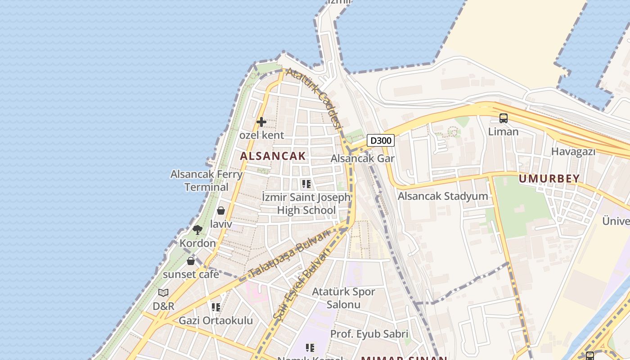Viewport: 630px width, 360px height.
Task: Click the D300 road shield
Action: tap(381, 140)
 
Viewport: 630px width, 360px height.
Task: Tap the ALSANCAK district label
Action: tap(273, 156)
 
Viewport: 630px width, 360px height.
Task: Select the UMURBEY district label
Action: tap(549, 179)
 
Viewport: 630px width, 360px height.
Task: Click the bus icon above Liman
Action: tap(504, 118)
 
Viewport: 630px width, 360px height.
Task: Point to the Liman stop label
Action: tap(504, 132)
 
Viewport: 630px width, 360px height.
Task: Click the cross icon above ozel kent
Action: tap(261, 122)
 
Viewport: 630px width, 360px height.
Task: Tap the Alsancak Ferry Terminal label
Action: tap(207, 180)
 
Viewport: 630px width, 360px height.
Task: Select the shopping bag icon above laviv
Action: tap(221, 211)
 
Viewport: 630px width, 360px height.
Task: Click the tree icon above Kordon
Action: tap(198, 230)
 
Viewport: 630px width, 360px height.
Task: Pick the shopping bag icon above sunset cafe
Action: tap(191, 261)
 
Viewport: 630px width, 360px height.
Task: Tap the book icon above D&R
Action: tap(163, 293)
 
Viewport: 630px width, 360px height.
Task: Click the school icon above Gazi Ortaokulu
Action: tap(216, 307)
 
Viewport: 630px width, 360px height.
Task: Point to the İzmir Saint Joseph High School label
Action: tap(306, 204)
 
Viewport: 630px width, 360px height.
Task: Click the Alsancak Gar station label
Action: tap(362, 158)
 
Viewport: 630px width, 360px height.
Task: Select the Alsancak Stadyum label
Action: tap(443, 196)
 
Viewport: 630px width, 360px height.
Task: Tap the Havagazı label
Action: tap(573, 152)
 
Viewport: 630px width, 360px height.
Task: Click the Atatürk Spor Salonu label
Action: tap(343, 298)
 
